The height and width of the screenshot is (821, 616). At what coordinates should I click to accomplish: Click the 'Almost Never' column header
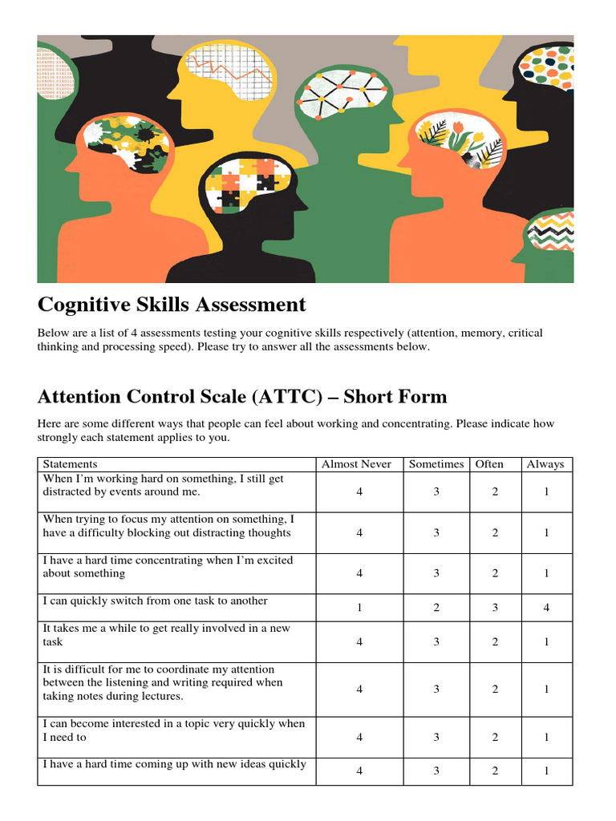[x=356, y=464]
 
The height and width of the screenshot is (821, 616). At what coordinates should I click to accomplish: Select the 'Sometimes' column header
[x=436, y=464]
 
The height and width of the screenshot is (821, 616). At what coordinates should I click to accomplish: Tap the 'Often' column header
[x=489, y=464]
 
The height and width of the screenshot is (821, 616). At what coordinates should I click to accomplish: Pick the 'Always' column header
[x=545, y=464]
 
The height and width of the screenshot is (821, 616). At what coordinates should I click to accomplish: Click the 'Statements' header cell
[x=71, y=464]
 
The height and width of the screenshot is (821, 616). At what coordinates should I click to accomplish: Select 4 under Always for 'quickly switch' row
[x=546, y=608]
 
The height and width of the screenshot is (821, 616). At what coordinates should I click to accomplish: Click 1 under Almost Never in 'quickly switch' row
[x=359, y=608]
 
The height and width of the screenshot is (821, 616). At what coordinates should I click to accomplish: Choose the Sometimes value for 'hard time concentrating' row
[x=436, y=573]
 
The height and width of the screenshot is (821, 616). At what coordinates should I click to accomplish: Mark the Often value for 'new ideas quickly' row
[x=495, y=771]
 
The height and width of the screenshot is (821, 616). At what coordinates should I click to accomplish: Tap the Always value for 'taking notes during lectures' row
[x=546, y=689]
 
